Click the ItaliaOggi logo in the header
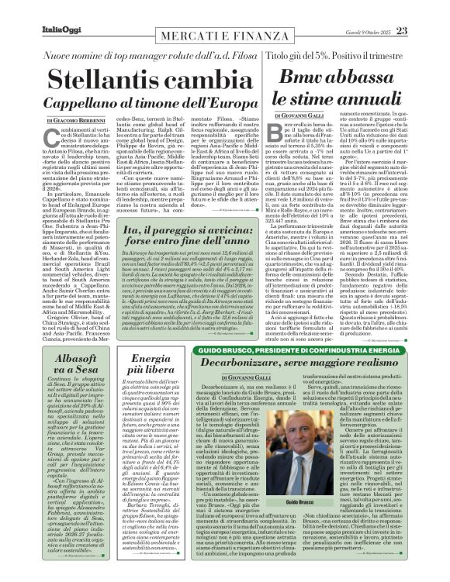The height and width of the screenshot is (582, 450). click(61, 30)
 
